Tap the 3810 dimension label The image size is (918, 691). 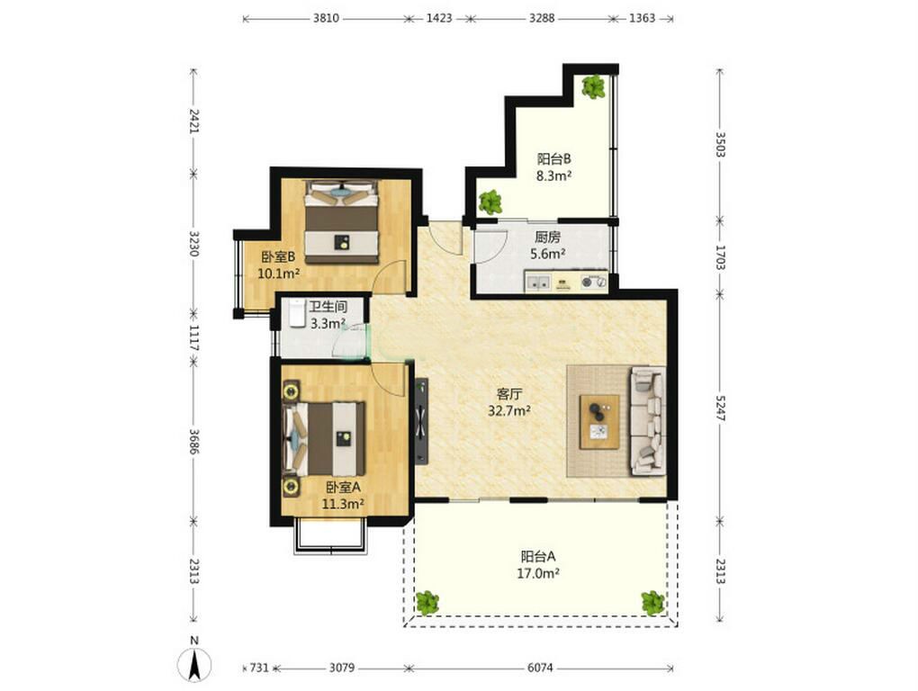[x=326, y=18]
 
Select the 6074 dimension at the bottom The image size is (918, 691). [x=540, y=668]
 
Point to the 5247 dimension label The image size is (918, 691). [x=720, y=408]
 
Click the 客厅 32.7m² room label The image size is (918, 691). [x=509, y=402]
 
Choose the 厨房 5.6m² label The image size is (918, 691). [x=547, y=245]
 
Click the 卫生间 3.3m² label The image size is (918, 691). [x=328, y=315]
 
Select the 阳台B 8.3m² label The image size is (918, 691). [x=553, y=166]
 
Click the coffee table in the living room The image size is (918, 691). [x=599, y=422]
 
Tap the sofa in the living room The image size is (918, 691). [x=647, y=421]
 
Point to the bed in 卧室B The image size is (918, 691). [x=341, y=222]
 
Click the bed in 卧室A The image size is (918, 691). [x=324, y=439]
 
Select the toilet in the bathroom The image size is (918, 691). [x=296, y=314]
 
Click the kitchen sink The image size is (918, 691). [x=538, y=283]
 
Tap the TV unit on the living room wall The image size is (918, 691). [x=421, y=421]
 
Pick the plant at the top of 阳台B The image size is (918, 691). [x=594, y=86]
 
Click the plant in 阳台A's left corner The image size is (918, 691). [x=427, y=603]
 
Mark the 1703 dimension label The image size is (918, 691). [x=720, y=256]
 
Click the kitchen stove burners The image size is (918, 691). [x=592, y=283]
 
